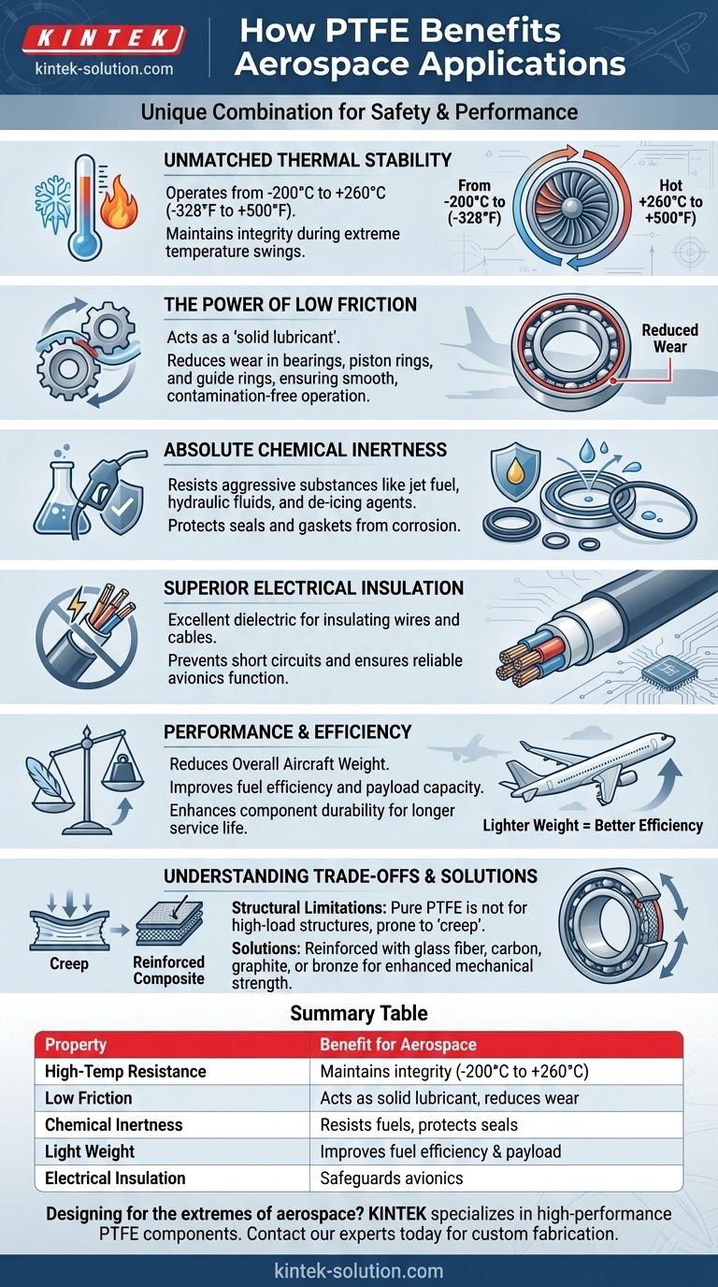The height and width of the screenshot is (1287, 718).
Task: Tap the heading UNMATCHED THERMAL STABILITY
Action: (x=308, y=160)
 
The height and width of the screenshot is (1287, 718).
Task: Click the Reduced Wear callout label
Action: (x=669, y=339)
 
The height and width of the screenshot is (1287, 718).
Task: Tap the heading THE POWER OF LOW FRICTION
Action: (x=290, y=304)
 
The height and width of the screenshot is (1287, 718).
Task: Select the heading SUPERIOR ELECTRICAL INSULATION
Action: (x=313, y=588)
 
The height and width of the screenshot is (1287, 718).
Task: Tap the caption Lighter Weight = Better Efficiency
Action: (x=593, y=825)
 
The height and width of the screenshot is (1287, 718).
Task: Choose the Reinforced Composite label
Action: (x=168, y=971)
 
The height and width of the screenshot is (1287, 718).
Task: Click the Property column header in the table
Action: (x=76, y=1045)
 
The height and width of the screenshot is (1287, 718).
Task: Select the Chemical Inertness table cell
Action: (x=114, y=1125)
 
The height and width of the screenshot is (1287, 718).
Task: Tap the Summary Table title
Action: (x=359, y=1013)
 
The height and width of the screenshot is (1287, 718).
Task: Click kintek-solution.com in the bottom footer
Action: (x=359, y=1271)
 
